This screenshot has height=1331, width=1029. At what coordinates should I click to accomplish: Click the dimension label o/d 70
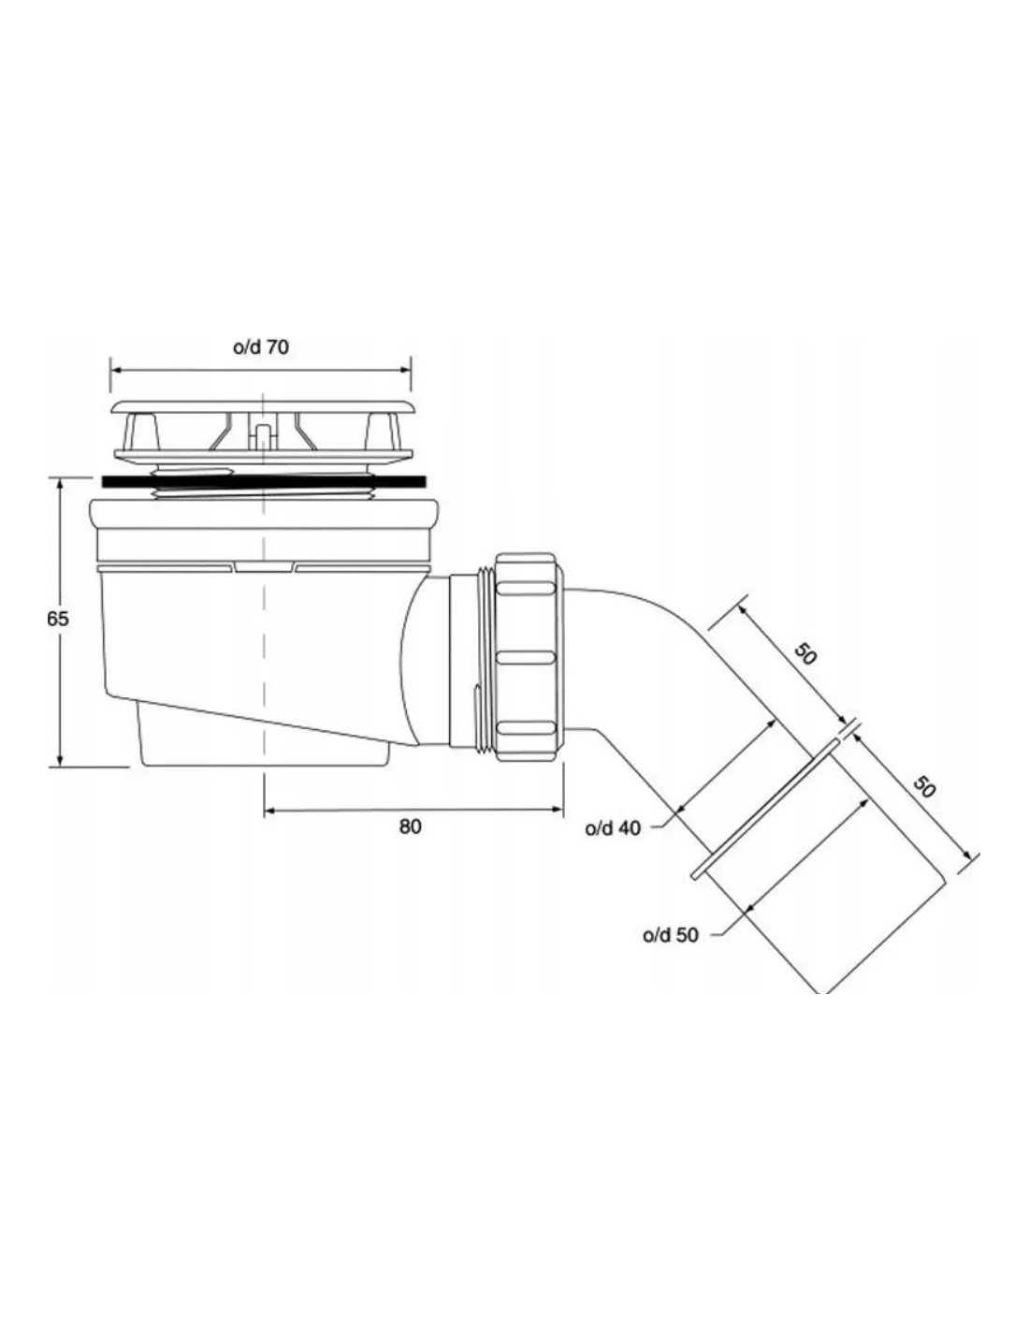(261, 347)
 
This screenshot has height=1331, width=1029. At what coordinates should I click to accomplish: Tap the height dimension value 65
(58, 620)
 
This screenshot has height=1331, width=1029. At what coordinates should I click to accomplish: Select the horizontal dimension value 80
(411, 826)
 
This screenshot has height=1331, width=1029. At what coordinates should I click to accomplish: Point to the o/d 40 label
(614, 828)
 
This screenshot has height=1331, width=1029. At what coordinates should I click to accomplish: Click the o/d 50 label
(671, 935)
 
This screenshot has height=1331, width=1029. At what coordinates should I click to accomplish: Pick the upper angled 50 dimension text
(805, 655)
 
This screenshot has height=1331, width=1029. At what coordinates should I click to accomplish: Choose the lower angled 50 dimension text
(924, 786)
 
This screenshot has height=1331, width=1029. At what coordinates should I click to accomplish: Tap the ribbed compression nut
(528, 658)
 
